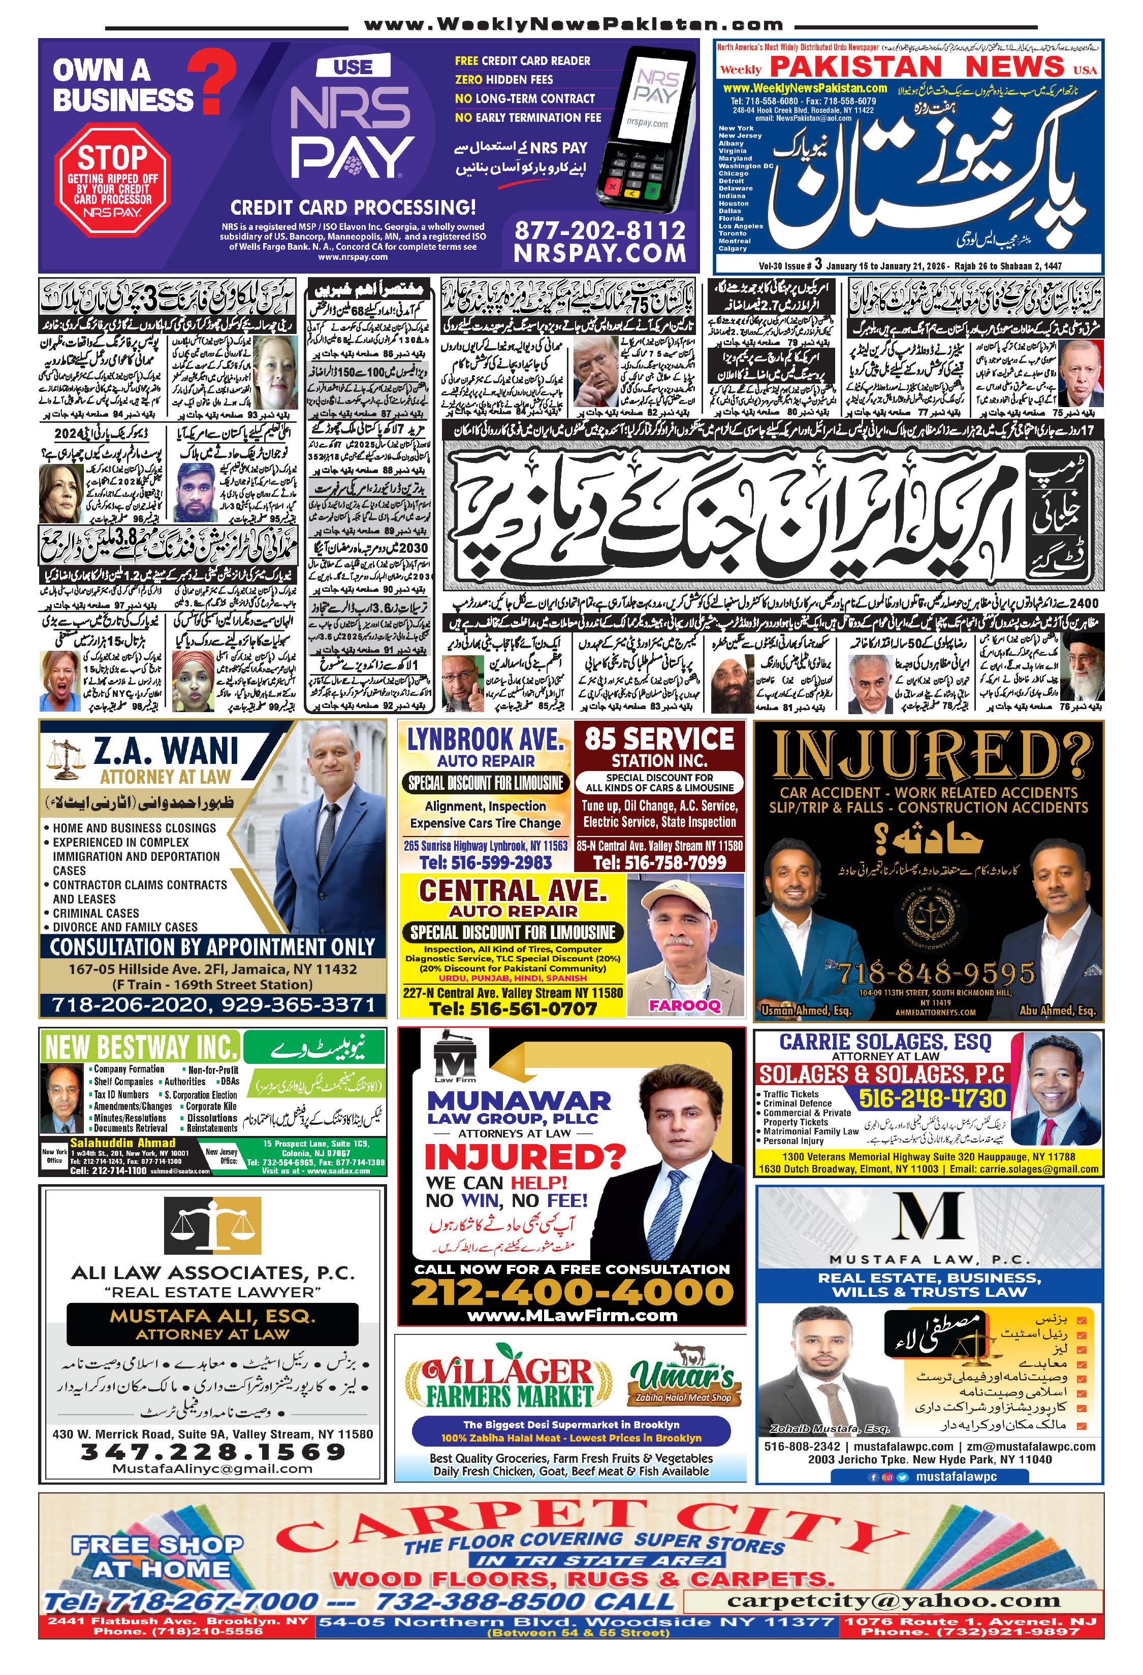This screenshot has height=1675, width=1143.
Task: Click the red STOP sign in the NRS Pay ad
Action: (112, 177)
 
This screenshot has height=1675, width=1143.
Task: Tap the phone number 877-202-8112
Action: (599, 230)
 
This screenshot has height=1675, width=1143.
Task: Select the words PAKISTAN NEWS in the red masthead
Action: (916, 66)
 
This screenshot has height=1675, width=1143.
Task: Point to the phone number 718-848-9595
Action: (935, 974)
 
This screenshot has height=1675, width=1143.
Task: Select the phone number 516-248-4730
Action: (932, 1098)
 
